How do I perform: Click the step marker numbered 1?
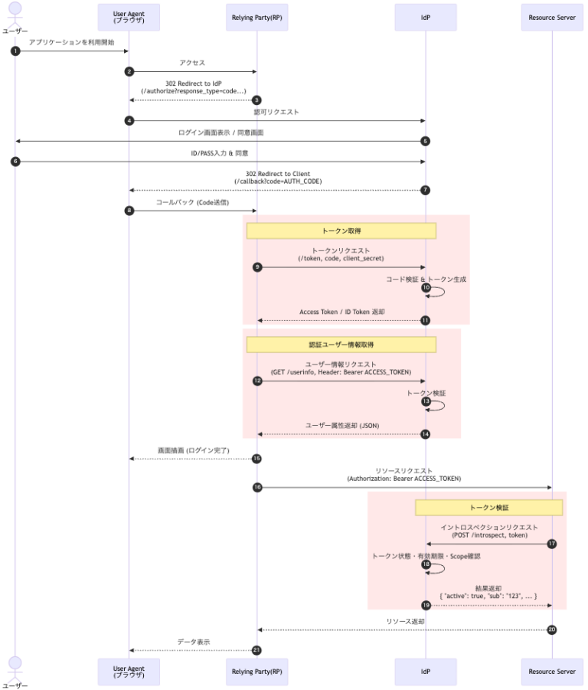click(x=15, y=51)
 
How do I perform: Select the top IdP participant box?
click(x=426, y=17)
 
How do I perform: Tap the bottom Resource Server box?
click(x=552, y=671)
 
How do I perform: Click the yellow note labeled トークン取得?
click(x=341, y=231)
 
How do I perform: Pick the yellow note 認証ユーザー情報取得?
click(x=341, y=345)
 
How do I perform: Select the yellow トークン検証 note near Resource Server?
click(x=489, y=507)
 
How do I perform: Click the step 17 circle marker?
click(x=552, y=544)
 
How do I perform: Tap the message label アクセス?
click(x=192, y=63)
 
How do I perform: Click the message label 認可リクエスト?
click(x=276, y=112)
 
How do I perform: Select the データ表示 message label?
click(x=194, y=641)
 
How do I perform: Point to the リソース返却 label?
click(x=405, y=621)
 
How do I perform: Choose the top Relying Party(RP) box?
click(x=257, y=17)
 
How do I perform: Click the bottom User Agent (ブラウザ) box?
click(x=129, y=671)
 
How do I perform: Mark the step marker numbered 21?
click(x=257, y=650)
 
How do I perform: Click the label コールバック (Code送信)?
click(x=192, y=202)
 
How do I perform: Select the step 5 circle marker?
click(x=426, y=141)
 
